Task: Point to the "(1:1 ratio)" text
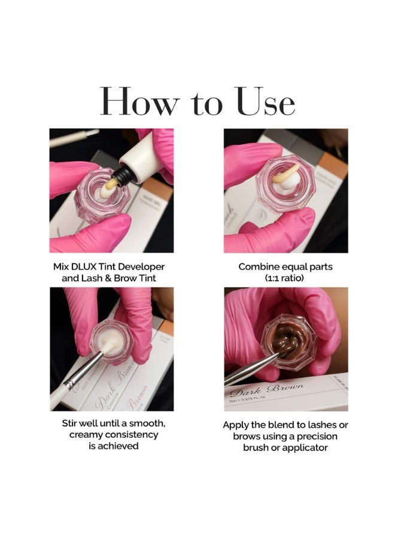pyautogui.click(x=285, y=278)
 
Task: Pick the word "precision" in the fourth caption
pyautogui.click(x=317, y=437)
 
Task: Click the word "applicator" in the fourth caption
pyautogui.click(x=306, y=448)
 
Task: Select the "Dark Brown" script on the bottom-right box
pyautogui.click(x=266, y=390)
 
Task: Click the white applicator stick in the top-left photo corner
pyautogui.click(x=74, y=138)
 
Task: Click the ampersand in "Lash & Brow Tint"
pyautogui.click(x=108, y=278)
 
